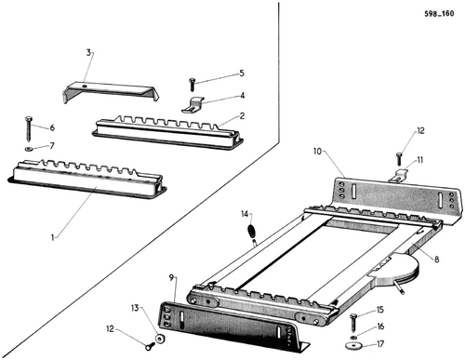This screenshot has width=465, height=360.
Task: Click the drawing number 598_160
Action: pyautogui.click(x=439, y=14)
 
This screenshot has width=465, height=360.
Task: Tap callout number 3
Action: pyautogui.click(x=88, y=53)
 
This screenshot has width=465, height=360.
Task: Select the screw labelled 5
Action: pyautogui.click(x=192, y=85)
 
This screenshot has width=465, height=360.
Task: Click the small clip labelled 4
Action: pyautogui.click(x=193, y=105)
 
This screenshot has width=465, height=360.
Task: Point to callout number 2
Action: pyautogui.click(x=242, y=116)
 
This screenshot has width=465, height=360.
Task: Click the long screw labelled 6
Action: pyautogui.click(x=29, y=128)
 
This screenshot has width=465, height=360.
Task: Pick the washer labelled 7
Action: pyautogui.click(x=29, y=149)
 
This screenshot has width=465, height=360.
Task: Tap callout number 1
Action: pyautogui.click(x=53, y=237)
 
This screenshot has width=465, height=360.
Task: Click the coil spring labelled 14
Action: pyautogui.click(x=251, y=231)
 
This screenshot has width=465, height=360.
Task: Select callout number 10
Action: pyautogui.click(x=317, y=152)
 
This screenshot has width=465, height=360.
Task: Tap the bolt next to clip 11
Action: pyautogui.click(x=399, y=159)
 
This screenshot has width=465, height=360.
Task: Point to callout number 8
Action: pyautogui.click(x=437, y=259)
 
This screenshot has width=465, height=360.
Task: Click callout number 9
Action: pyautogui.click(x=172, y=277)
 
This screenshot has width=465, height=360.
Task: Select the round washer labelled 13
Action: pyautogui.click(x=160, y=339)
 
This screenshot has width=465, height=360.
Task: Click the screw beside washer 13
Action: pyautogui.click(x=151, y=345)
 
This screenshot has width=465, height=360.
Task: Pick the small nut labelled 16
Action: pyautogui.click(x=353, y=337)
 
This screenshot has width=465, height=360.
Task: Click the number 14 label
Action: pyautogui.click(x=245, y=214)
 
